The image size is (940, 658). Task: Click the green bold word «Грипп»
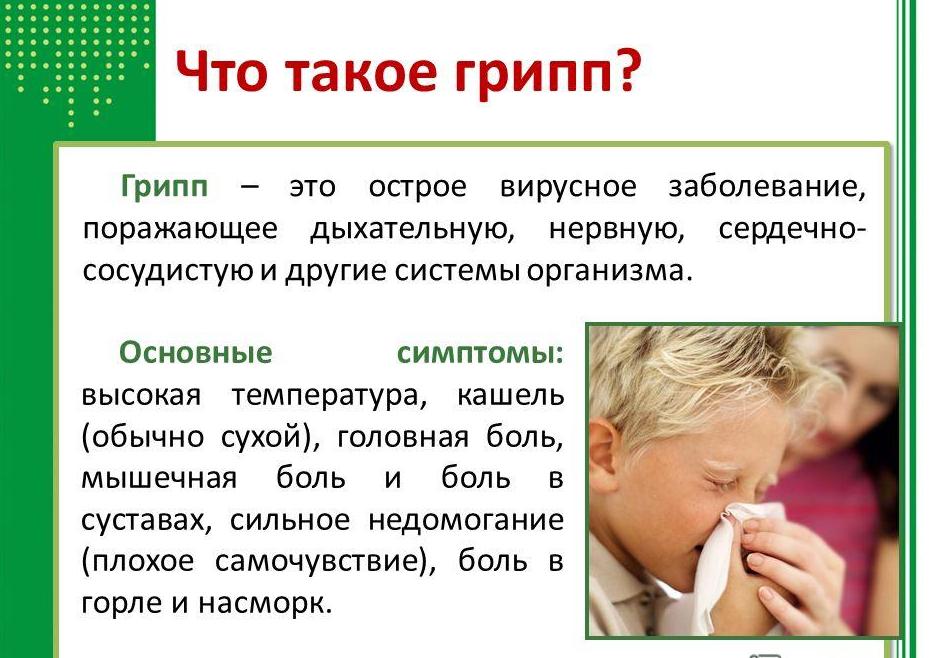164,186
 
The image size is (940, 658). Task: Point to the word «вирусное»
568,187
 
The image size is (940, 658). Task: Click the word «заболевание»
767,187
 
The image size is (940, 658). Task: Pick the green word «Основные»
195,352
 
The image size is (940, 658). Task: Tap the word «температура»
329,397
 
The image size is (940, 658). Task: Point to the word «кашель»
510,396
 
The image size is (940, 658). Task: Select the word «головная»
403,437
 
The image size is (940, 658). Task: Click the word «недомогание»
466,520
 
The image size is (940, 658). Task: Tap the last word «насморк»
264,603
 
